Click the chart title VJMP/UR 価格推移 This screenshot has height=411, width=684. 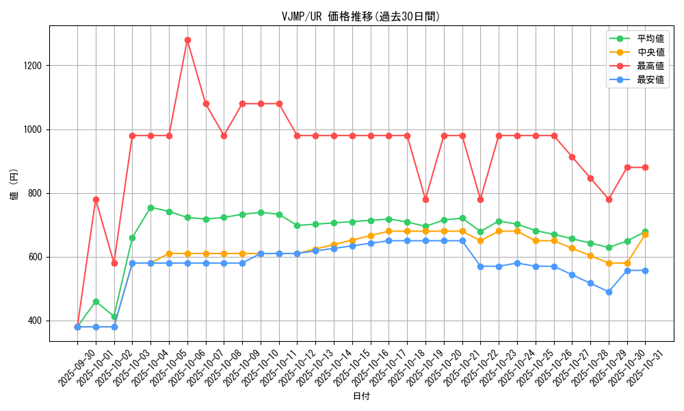coord(360,16)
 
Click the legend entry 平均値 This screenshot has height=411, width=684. coord(650,39)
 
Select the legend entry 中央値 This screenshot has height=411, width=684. coord(650,53)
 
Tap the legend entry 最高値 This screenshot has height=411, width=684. coord(650,66)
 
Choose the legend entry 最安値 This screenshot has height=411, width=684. coord(650,80)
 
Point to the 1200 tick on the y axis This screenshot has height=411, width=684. coord(33,66)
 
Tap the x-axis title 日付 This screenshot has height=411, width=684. coord(360,397)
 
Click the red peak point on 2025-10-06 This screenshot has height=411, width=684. coord(187,40)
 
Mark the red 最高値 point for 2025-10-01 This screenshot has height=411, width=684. coord(96,199)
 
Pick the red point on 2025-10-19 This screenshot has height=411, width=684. coord(425,199)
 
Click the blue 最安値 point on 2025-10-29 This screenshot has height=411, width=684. coord(609,292)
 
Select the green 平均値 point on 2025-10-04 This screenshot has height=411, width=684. coord(150,208)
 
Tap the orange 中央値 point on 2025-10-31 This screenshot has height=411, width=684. coord(645,235)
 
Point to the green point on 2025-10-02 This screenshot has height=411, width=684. coord(114,316)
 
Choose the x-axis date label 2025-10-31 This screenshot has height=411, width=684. coord(645,366)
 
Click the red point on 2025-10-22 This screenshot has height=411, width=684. coord(480,199)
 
